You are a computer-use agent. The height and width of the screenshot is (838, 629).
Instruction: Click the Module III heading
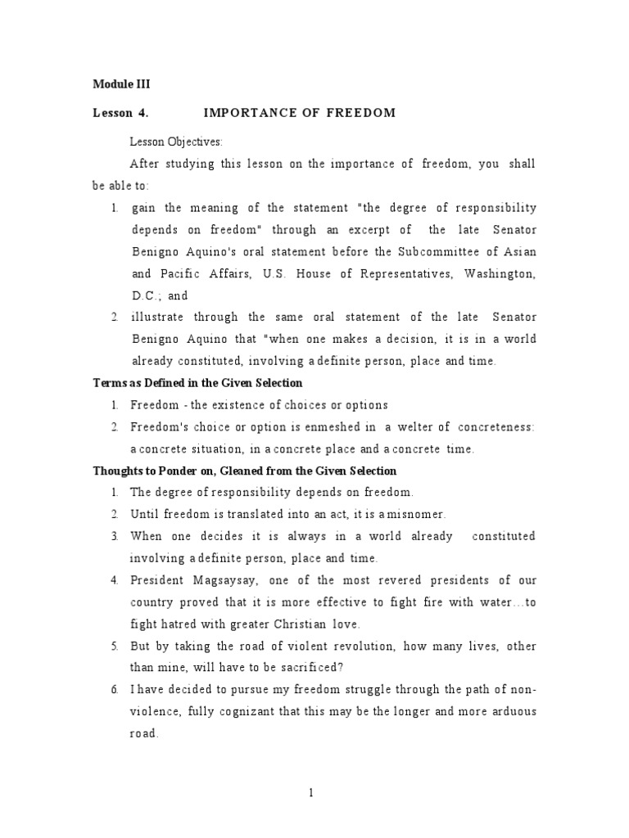121,84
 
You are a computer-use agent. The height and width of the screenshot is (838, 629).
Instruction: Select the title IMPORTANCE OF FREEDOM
299,113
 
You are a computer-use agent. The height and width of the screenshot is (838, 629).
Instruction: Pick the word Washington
499,273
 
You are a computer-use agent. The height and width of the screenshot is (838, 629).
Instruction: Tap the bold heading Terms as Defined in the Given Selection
197,383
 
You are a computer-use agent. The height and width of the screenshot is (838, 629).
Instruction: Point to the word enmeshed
333,427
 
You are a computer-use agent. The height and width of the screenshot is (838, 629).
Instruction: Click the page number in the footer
311,792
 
